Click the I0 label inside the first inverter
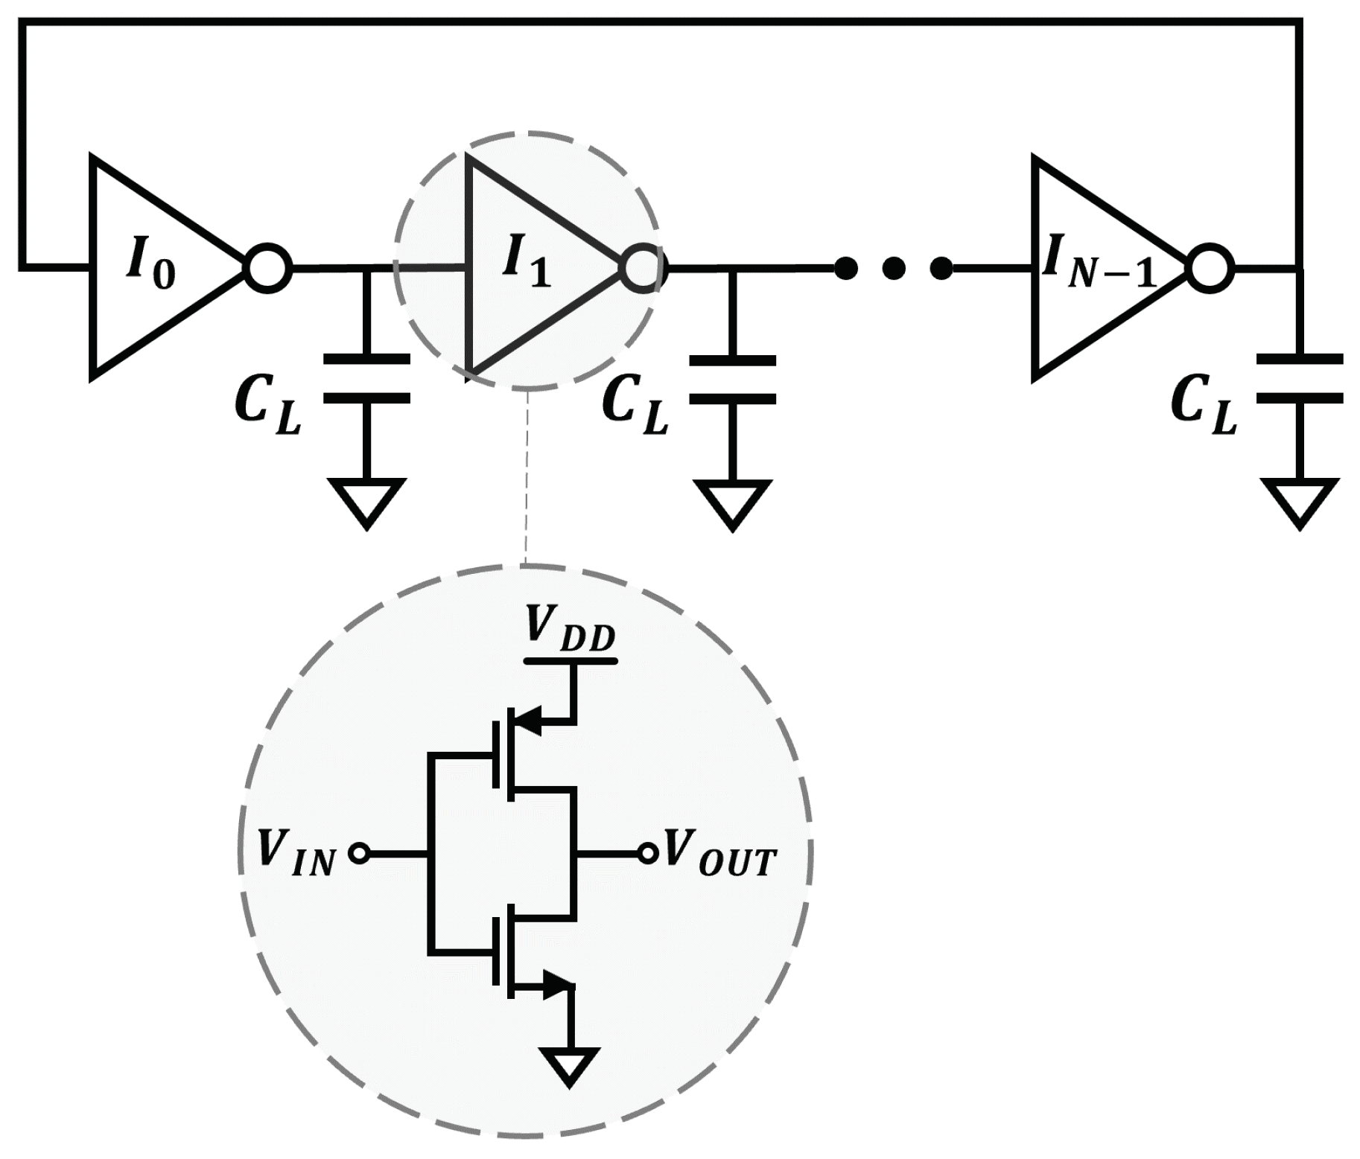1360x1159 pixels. click(x=151, y=265)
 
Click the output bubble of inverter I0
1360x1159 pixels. click(x=268, y=267)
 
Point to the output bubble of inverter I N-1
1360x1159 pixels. click(x=1210, y=267)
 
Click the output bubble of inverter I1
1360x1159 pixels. click(x=642, y=267)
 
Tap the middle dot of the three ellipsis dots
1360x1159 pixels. click(x=894, y=267)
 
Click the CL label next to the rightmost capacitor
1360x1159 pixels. click(x=1202, y=406)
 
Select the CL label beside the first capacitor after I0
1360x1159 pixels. click(x=267, y=406)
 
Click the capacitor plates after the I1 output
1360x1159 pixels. click(x=733, y=380)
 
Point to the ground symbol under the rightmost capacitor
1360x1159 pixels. click(x=1300, y=502)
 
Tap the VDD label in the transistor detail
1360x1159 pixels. click(x=570, y=629)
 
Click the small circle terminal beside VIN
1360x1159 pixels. click(x=360, y=854)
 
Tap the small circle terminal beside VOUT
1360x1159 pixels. click(x=647, y=854)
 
